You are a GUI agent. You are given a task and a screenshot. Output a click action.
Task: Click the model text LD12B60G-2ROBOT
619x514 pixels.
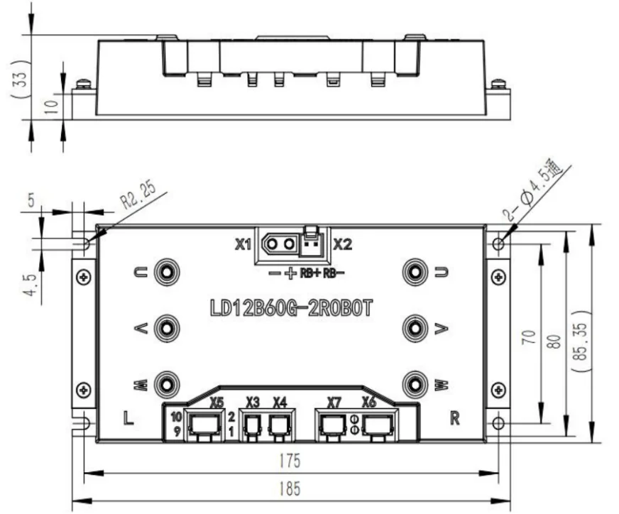click(291, 309)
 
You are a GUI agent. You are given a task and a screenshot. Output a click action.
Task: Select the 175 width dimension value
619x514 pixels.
click(290, 461)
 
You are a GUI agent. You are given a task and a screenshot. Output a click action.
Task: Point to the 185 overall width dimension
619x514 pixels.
click(290, 489)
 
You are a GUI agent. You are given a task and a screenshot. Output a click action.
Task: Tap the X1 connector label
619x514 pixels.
click(243, 245)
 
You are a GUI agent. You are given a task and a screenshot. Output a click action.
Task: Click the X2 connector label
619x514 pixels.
click(343, 245)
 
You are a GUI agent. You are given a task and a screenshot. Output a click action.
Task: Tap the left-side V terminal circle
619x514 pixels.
click(167, 327)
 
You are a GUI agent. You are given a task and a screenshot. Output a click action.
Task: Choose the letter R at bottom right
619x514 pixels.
click(454, 417)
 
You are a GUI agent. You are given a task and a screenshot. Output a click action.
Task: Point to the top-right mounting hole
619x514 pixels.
click(499, 244)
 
